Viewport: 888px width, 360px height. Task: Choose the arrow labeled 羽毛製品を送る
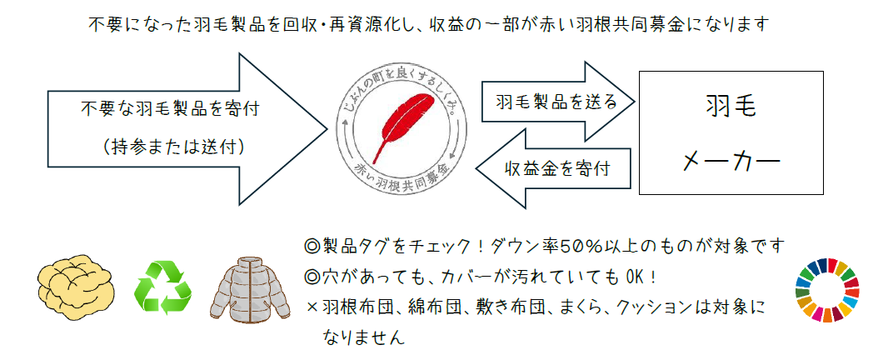tap(557, 102)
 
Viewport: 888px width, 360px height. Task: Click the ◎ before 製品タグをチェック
tap(312, 247)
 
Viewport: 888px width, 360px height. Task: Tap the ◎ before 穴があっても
tap(312, 276)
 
